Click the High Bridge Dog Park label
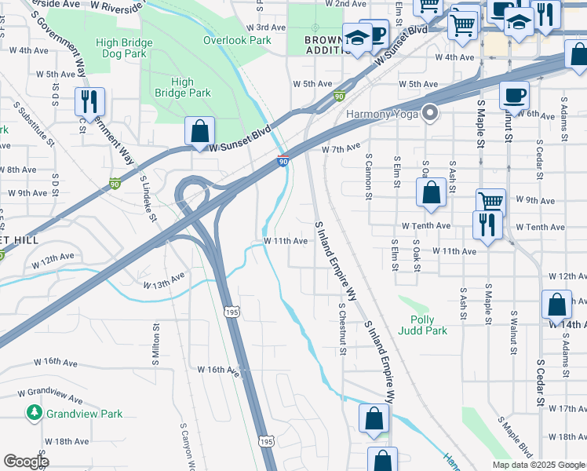(122, 48)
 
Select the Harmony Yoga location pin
(429, 114)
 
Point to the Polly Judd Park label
(428, 325)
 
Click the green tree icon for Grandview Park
(34, 412)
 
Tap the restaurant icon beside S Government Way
(89, 102)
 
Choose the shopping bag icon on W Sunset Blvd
(200, 131)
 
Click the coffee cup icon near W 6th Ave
(514, 95)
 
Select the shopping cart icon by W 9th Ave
(490, 202)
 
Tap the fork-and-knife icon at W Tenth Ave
(487, 225)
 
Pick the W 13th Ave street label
(163, 280)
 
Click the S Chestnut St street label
(342, 329)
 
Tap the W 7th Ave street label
(340, 147)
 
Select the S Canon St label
(368, 176)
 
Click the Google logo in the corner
(26, 462)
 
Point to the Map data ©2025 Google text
(538, 465)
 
